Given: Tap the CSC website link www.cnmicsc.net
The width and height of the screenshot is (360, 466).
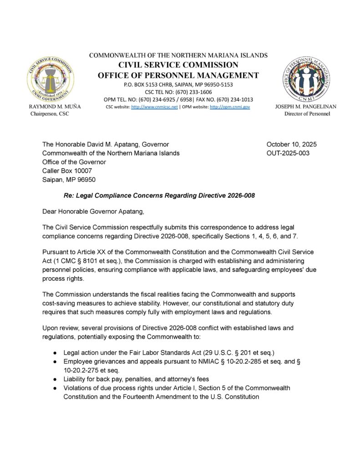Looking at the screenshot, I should [154, 107].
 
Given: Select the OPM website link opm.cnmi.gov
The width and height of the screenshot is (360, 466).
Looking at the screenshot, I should [230, 107].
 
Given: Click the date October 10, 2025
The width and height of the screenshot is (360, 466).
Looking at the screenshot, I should [291, 144].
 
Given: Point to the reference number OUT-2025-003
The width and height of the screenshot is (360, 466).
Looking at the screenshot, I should [288, 153].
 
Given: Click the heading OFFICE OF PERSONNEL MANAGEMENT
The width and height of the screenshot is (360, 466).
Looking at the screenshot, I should [178, 75].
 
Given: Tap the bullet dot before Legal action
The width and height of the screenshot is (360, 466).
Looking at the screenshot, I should [55, 353].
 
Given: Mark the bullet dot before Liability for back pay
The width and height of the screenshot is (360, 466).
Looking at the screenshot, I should [55, 379].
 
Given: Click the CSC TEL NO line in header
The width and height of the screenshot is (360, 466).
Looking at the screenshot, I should [178, 92].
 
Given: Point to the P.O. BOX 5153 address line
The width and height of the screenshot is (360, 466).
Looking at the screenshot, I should [178, 85].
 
